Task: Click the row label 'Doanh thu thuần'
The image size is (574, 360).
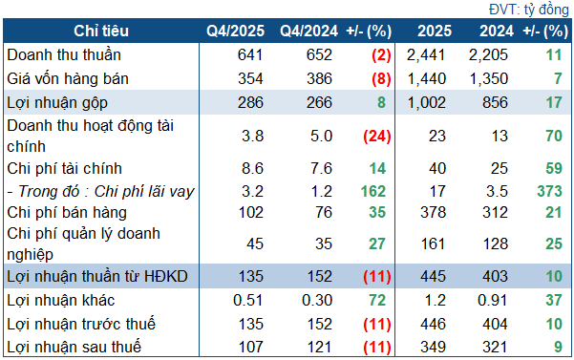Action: coord(64,54)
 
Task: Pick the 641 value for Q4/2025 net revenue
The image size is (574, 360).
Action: coord(247,54)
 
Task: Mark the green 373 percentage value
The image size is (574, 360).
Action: coord(547,191)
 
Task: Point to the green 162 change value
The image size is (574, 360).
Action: coord(372,191)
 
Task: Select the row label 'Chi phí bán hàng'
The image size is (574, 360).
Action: coord(66,212)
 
